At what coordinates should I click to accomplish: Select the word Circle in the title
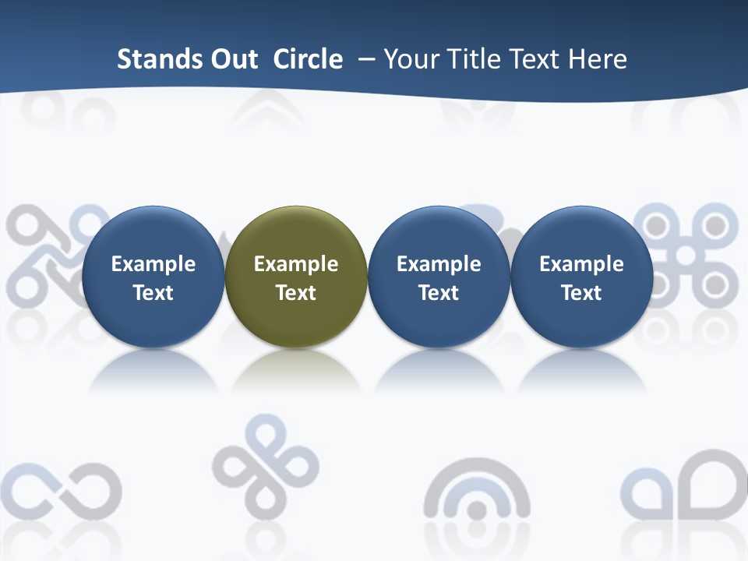point(308,59)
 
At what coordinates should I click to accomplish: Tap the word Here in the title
point(598,59)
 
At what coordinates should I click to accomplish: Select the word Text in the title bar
point(535,59)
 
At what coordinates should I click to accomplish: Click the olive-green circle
point(296,234)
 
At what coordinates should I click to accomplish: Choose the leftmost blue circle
point(153,234)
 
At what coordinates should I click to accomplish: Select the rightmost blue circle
point(581,234)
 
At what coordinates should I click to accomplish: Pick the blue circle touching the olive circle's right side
point(439,234)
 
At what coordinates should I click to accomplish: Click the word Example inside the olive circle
point(296,264)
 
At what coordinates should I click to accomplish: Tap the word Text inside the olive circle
point(296,293)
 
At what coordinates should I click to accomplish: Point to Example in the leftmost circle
point(153,264)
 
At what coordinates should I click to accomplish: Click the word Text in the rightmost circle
point(581,293)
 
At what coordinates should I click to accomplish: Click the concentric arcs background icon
point(477,499)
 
